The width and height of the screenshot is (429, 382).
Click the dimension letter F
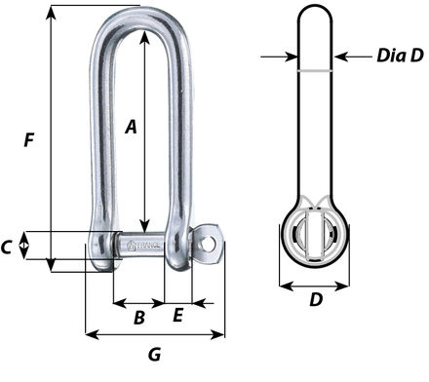pyautogui.click(x=29, y=140)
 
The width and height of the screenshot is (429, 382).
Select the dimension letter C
pyautogui.click(x=8, y=248)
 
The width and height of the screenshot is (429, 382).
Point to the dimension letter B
pyautogui.click(x=138, y=317)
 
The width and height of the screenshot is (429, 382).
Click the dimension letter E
pyautogui.click(x=177, y=316)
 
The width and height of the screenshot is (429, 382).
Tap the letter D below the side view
pyautogui.click(x=316, y=301)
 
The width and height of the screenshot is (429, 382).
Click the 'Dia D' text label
pyautogui.click(x=400, y=57)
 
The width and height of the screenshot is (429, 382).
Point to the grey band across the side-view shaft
pyautogui.click(x=316, y=73)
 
